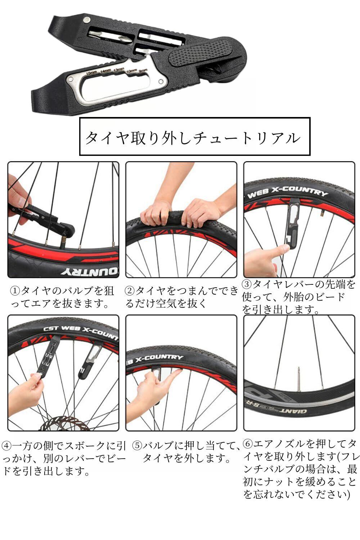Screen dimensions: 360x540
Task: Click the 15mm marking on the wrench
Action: [x=91, y=73]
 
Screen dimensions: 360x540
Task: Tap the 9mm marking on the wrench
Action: [x=143, y=70]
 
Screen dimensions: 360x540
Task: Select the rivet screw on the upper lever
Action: [x=86, y=20]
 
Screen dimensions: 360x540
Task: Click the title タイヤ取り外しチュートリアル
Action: [x=193, y=138]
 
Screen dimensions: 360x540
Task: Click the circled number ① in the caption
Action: [x=15, y=291]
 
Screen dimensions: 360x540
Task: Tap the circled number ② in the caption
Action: [x=130, y=291]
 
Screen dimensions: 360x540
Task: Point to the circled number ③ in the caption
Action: [x=247, y=284]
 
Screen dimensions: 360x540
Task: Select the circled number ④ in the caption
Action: [x=6, y=446]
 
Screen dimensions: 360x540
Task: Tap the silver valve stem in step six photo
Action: [x=298, y=379]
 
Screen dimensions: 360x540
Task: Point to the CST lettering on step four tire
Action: [x=51, y=329]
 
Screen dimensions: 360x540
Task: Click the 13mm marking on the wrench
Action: [x=119, y=70]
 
